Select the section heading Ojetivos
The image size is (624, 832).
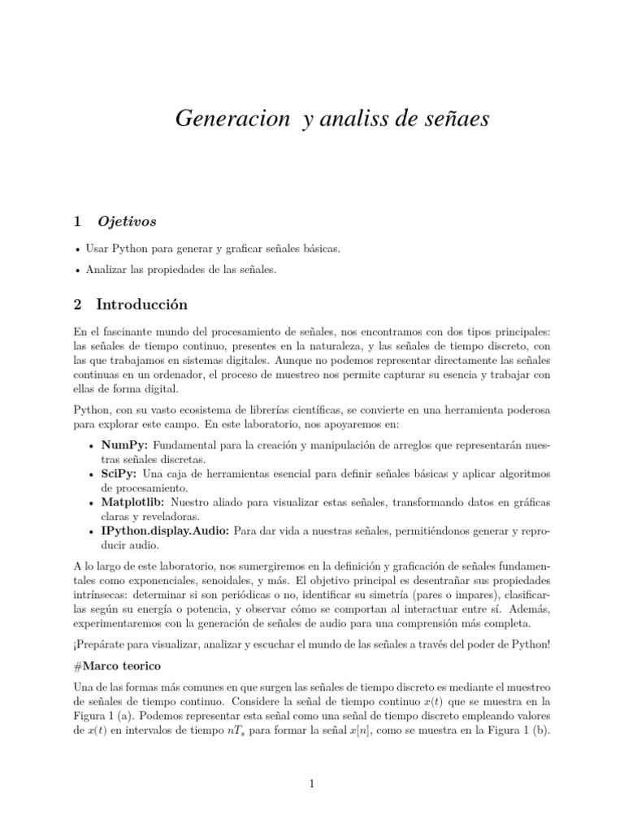(127, 221)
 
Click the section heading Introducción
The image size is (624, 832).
(141, 305)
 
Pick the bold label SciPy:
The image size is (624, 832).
(119, 474)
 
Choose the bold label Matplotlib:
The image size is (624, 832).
(132, 502)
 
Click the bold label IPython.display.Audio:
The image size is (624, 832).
(166, 531)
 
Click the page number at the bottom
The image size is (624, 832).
(311, 784)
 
